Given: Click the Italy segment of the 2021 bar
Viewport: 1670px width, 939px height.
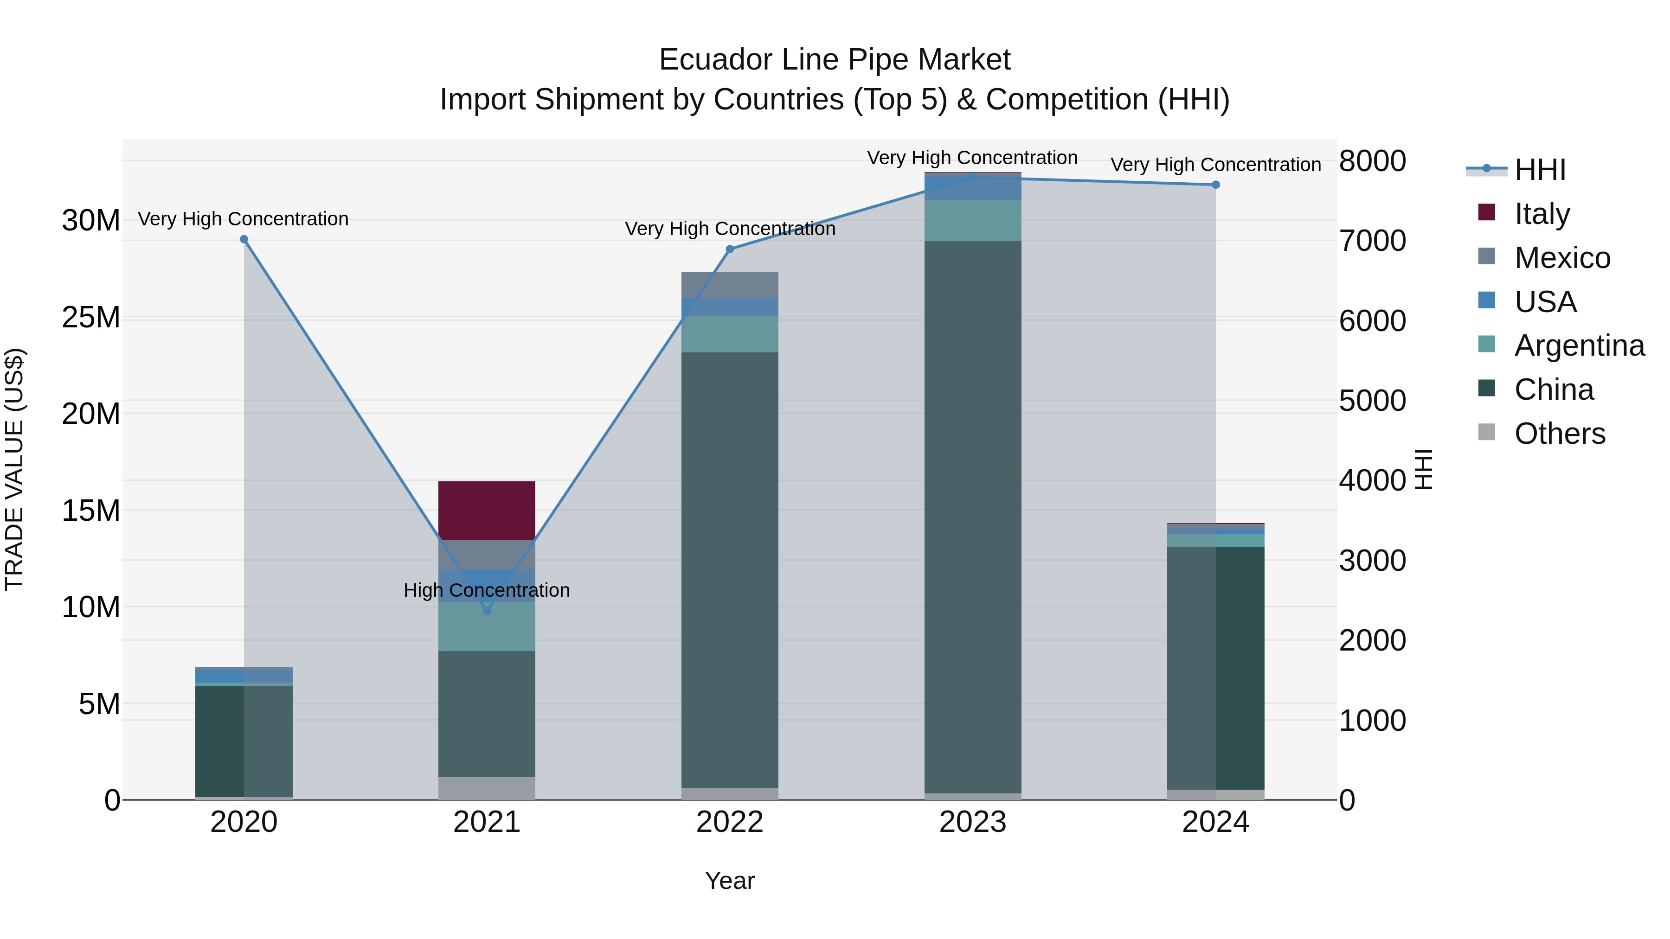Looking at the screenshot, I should tap(487, 510).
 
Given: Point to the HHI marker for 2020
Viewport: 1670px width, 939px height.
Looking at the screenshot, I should tap(244, 239).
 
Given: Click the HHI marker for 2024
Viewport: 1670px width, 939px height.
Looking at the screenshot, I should tap(1215, 185).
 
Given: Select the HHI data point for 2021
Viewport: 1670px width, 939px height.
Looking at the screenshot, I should tap(487, 610).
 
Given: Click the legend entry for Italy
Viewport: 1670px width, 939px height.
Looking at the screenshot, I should tap(1542, 213).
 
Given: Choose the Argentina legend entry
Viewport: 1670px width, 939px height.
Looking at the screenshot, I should tap(1579, 345).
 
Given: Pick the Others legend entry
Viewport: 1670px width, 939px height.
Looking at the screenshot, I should tap(1559, 433).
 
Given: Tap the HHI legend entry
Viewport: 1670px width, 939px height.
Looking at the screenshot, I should tap(1539, 170).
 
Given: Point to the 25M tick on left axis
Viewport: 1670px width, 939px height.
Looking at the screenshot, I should tap(91, 318).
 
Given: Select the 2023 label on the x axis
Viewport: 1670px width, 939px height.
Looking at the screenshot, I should tap(972, 822).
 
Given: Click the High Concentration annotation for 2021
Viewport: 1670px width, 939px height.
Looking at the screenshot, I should tap(487, 590).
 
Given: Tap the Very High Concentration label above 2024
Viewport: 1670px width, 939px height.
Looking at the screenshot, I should tap(1215, 165).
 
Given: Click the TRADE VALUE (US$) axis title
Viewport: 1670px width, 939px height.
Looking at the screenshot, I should tap(14, 469).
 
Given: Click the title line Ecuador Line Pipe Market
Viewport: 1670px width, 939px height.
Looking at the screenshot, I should tap(835, 60).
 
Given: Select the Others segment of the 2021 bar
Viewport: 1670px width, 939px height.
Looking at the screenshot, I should tap(487, 788).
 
